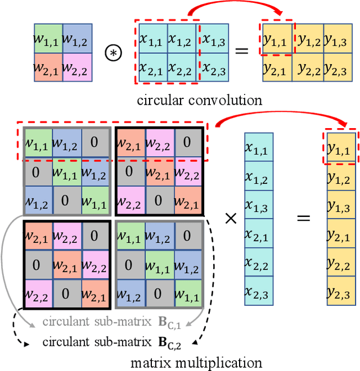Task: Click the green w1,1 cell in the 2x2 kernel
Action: coord(48,38)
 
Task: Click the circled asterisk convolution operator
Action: coord(115,52)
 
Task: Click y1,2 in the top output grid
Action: coord(308,38)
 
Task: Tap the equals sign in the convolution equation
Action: coord(241,52)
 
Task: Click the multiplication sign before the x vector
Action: coord(231,218)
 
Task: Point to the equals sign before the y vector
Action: coord(304,218)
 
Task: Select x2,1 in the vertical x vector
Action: coord(259,233)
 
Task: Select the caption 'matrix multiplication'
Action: coord(196,362)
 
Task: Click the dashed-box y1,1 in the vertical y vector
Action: coord(341,148)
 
